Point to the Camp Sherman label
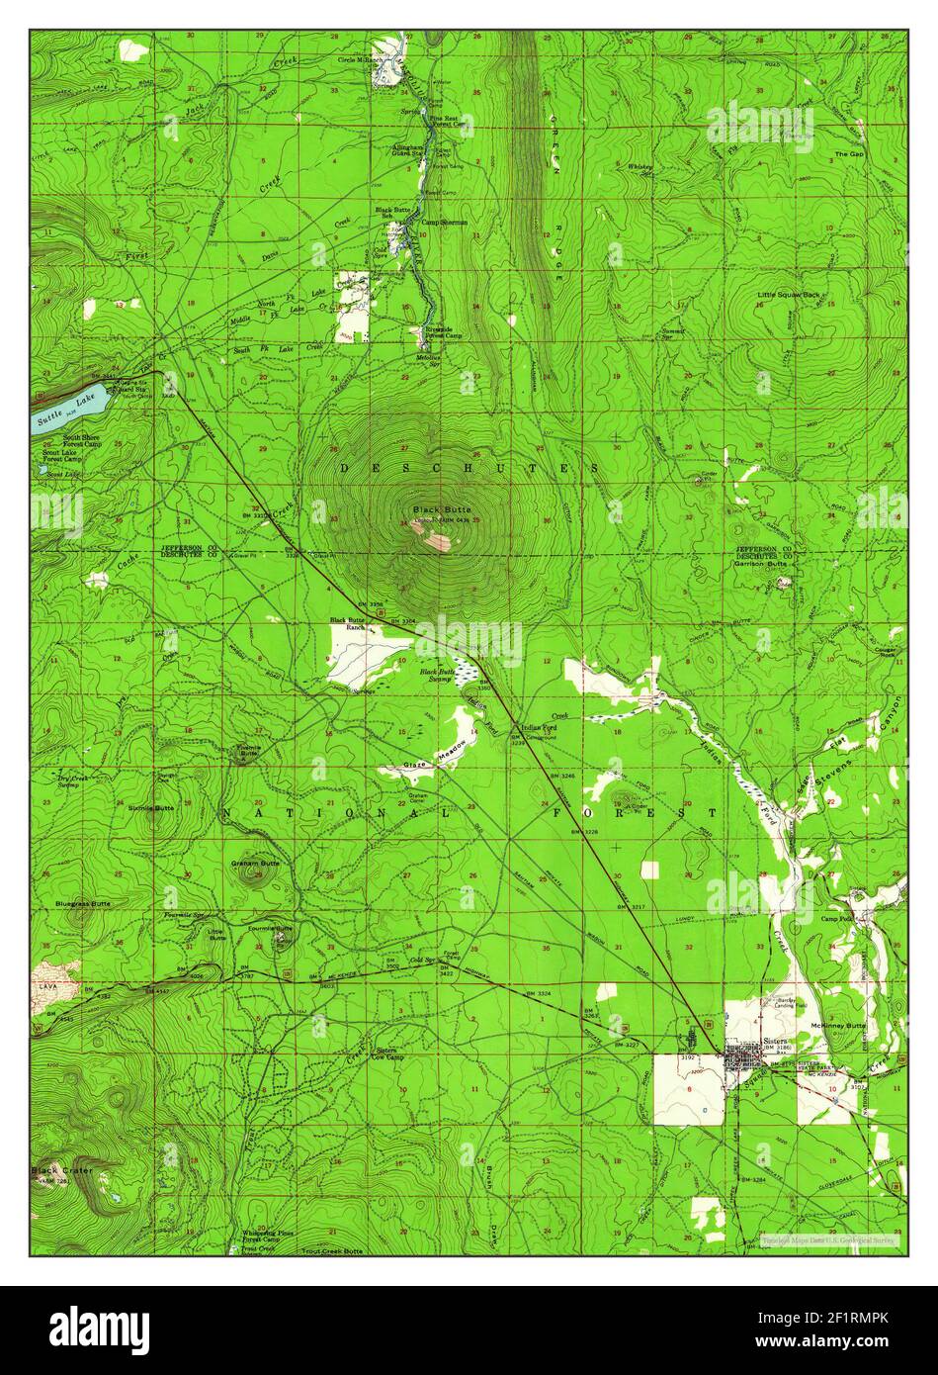point(442,223)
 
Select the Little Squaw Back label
point(790,295)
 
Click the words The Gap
point(848,154)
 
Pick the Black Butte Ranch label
point(348,623)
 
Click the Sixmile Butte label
point(151,808)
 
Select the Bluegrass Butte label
point(83,904)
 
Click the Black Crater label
point(56,1171)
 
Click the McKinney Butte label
point(837,1026)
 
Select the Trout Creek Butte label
point(333,1251)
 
